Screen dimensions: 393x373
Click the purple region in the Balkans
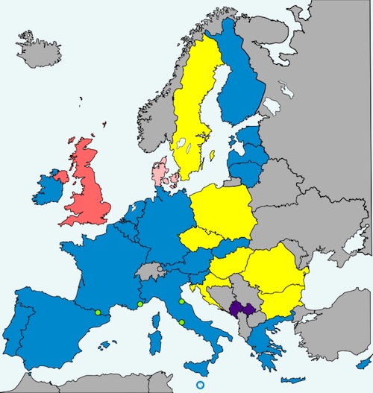[x=243, y=309]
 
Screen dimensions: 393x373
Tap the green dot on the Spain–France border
[x=98, y=312]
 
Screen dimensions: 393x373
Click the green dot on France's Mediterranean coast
[x=140, y=304]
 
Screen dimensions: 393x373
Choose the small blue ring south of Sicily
[x=199, y=385]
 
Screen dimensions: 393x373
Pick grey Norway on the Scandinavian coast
[x=153, y=119]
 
